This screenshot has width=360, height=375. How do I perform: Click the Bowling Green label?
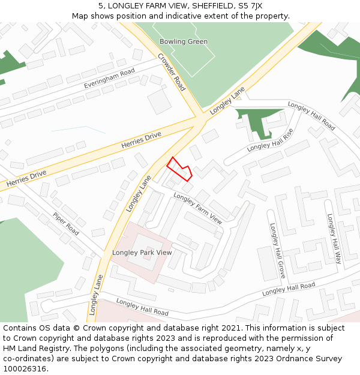point(184,41)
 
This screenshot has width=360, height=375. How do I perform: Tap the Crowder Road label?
point(172,72)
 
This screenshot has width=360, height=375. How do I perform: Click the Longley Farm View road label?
point(197,208)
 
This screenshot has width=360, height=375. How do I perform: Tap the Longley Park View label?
point(142,253)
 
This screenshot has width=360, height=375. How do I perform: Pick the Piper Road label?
point(65,224)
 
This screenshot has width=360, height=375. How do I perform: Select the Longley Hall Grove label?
point(277,253)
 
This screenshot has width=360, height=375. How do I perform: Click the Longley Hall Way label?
point(334,239)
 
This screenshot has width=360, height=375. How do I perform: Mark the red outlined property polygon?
point(179,169)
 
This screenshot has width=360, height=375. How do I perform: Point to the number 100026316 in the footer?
point(24,369)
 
